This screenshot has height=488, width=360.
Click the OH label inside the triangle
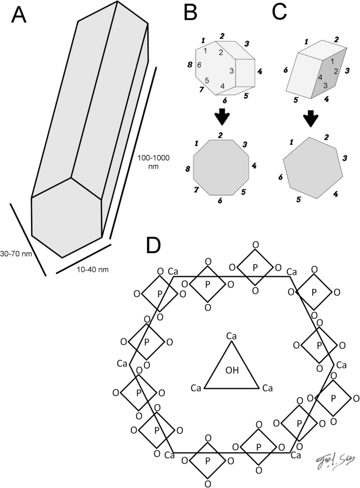coord(232,370)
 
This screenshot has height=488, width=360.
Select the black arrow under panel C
coord(311,118)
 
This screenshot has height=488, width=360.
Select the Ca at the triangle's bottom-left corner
coord(196,388)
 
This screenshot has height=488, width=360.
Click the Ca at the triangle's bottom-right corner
coord(268,388)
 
